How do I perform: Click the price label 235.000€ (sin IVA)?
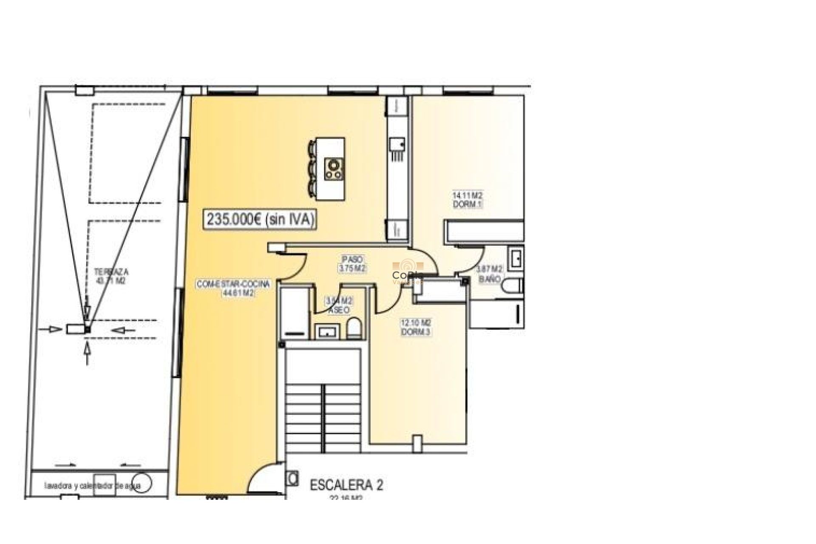click(x=261, y=219)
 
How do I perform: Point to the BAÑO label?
click(x=489, y=279)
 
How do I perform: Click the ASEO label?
click(x=339, y=310)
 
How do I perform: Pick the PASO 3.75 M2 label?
click(x=352, y=264)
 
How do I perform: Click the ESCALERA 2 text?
click(x=346, y=485)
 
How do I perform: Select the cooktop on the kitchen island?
click(x=334, y=169)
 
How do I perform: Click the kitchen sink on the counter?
click(x=397, y=144)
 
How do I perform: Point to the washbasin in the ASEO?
click(x=327, y=331)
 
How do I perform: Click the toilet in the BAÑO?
click(x=511, y=285)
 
